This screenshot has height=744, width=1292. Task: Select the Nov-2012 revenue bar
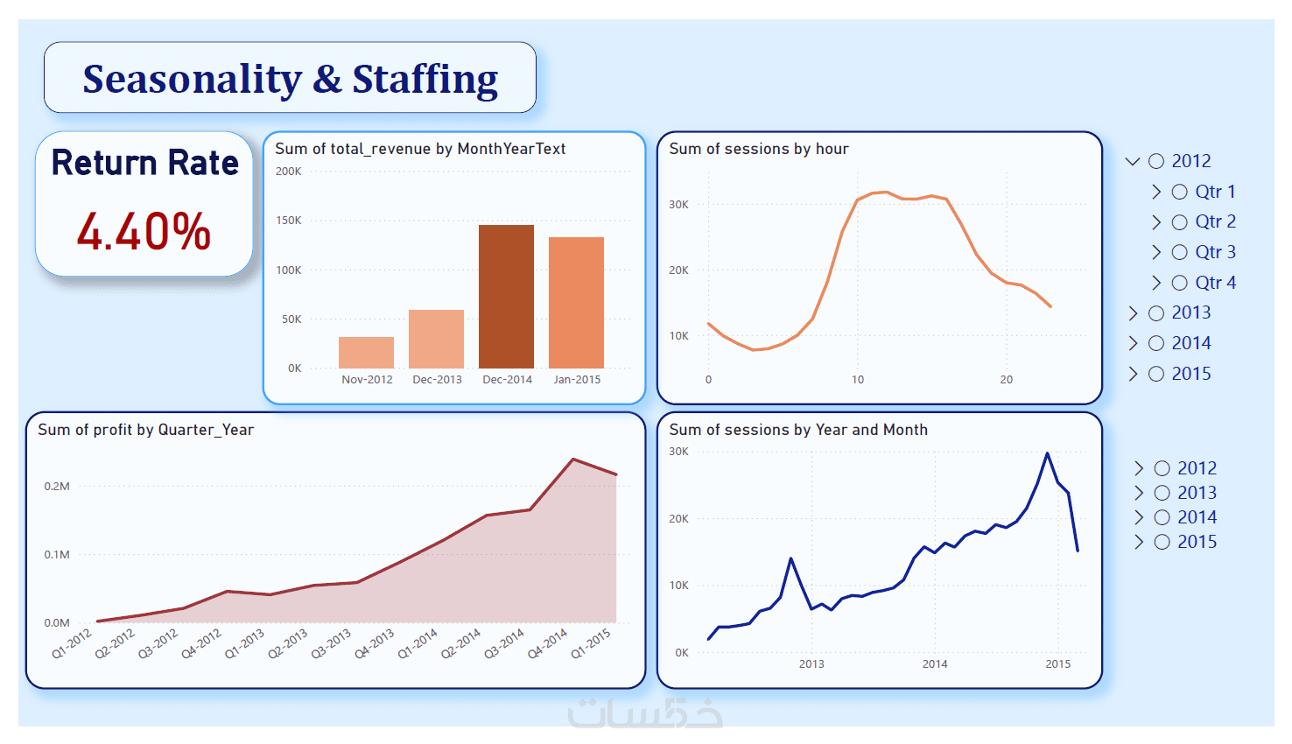coord(366,352)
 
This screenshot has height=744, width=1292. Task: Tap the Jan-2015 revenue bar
coord(576,302)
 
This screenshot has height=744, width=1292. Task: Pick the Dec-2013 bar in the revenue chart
coord(436,339)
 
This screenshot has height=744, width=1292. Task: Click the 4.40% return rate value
coord(144,232)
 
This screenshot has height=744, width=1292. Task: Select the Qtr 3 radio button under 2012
coord(1179,252)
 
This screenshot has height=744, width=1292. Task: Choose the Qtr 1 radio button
coord(1179,192)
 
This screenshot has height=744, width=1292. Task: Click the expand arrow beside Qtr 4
coord(1156,283)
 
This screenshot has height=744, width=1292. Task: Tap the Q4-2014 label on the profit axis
coord(548,643)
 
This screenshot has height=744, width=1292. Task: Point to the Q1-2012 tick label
coord(72,643)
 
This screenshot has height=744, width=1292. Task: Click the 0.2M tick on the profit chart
coord(57,486)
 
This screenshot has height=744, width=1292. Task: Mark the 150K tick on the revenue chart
coord(289,221)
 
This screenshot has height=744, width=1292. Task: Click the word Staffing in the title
coord(425,79)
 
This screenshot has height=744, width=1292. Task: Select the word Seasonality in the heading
coord(193,79)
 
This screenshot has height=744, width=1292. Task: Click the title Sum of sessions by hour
coord(759,149)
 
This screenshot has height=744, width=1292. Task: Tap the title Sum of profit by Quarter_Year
coord(145,430)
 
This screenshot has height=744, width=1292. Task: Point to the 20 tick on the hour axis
coord(1007,380)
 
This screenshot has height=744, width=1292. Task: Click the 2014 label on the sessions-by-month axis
coord(935,664)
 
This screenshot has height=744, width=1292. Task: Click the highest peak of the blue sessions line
coord(1047,453)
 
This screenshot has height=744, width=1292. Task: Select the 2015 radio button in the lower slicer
coord(1162,542)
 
